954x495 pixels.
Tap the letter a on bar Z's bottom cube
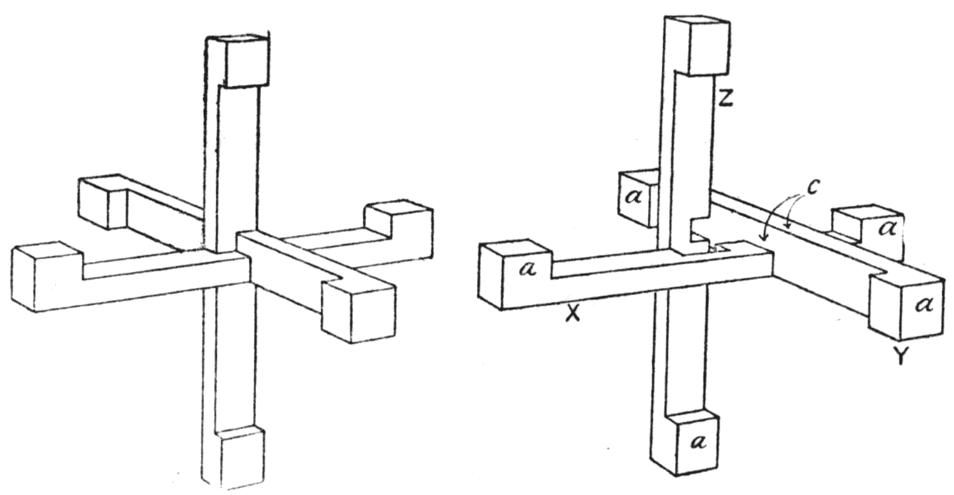[698, 442]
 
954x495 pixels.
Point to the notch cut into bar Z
[699, 234]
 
